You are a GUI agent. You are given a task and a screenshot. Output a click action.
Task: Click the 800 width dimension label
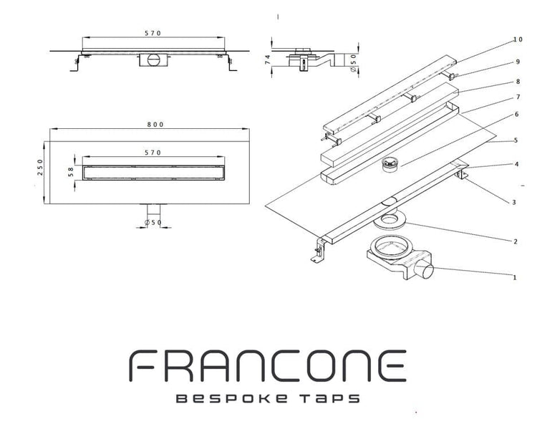[155, 125]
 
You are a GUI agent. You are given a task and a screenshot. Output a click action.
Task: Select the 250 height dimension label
[40, 168]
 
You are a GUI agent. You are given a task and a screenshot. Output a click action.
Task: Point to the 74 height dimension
[268, 59]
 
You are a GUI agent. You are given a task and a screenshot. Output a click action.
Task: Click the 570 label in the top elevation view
[153, 33]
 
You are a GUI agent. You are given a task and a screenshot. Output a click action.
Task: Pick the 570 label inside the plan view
[153, 153]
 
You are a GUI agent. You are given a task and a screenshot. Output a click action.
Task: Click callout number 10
[518, 39]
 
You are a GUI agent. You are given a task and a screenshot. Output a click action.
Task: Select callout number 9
[518, 62]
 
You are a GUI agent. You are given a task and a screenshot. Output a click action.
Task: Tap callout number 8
[518, 82]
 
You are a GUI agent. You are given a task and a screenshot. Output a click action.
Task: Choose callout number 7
[518, 97]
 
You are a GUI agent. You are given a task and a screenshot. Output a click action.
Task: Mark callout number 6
[516, 114]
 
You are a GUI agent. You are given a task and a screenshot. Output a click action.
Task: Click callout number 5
[516, 140]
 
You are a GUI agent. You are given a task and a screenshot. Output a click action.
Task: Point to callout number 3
[513, 202]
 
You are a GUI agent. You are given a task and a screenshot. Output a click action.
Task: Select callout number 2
[516, 241]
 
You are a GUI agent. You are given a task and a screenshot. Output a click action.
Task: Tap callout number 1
[514, 277]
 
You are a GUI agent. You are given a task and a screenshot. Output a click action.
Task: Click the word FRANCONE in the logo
[268, 365]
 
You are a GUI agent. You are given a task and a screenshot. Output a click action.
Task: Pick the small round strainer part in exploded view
[390, 163]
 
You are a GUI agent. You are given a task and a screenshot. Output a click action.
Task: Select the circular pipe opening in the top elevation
[153, 59]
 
